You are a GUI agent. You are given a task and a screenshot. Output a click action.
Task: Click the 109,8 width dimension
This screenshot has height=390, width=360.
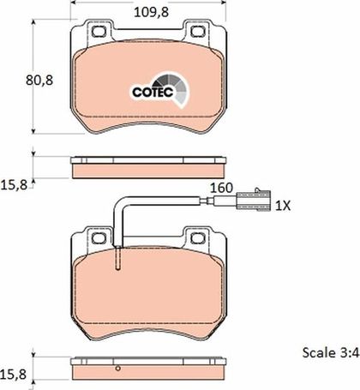pyautogui.click(x=151, y=12)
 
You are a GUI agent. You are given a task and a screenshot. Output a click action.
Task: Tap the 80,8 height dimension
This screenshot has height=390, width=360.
pyautogui.click(x=39, y=81)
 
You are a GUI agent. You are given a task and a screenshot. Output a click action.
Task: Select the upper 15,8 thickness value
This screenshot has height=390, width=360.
pyautogui.click(x=15, y=185)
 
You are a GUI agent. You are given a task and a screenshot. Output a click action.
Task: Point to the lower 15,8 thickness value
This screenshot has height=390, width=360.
pyautogui.click(x=14, y=374)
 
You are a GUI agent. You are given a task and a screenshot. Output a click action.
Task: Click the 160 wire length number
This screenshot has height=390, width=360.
pyautogui.click(x=221, y=188)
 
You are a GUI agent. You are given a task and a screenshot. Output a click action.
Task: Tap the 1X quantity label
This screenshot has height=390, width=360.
pyautogui.click(x=283, y=206)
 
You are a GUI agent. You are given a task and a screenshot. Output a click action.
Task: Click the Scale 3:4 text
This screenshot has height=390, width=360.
pyautogui.click(x=331, y=352)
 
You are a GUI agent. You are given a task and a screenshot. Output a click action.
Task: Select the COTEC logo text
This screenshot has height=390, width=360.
pyautogui.click(x=153, y=92)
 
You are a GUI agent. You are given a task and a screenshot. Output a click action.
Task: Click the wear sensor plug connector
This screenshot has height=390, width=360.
pyautogui.click(x=253, y=200)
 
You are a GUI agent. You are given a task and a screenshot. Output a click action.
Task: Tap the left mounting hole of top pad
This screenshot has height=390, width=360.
pyautogui.click(x=99, y=32)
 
